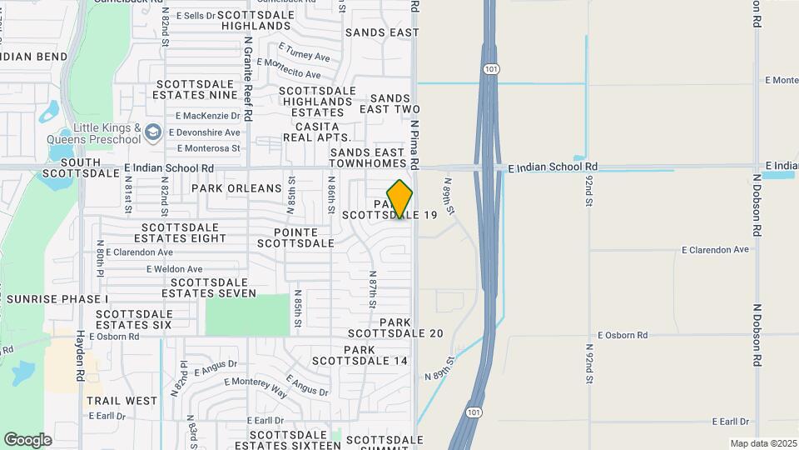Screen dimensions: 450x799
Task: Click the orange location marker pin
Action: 399,199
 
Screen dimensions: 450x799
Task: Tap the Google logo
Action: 27,440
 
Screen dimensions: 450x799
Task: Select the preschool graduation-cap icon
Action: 152,132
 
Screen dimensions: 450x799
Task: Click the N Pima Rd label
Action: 414,147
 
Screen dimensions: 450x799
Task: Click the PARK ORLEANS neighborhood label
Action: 236,188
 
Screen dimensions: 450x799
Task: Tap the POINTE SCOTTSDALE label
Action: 295,237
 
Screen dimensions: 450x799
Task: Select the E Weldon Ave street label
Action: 174,269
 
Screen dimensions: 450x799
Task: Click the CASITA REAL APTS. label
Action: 317,132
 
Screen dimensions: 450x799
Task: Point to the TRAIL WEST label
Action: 122,401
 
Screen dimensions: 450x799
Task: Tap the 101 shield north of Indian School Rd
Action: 491,69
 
